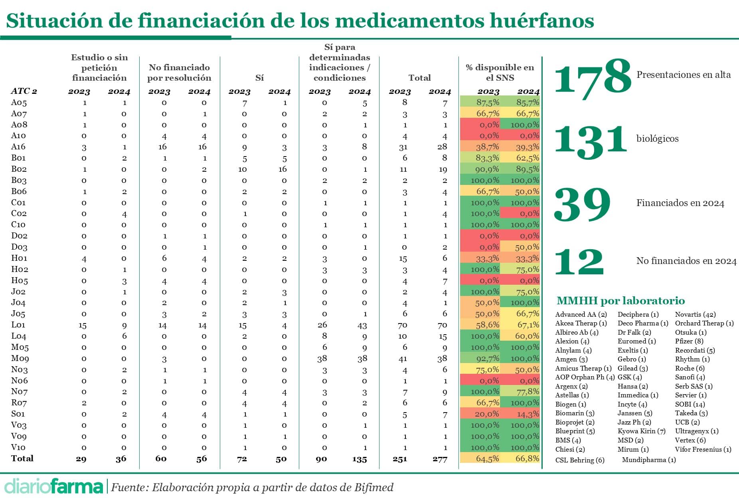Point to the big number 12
pos(579,262)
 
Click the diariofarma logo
pos(53,486)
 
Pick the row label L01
pos(18,325)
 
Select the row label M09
pos(20,359)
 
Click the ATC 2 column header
pos(24,91)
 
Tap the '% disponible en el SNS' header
pos(500,72)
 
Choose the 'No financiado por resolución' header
pos(179,72)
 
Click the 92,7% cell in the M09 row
pos(487,359)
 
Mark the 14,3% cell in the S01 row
pos(528,414)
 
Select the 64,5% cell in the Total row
pos(487,459)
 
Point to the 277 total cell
pos(440,459)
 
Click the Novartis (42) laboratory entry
pos(695,315)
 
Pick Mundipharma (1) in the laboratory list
pos(649,460)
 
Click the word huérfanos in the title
pos(542,21)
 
